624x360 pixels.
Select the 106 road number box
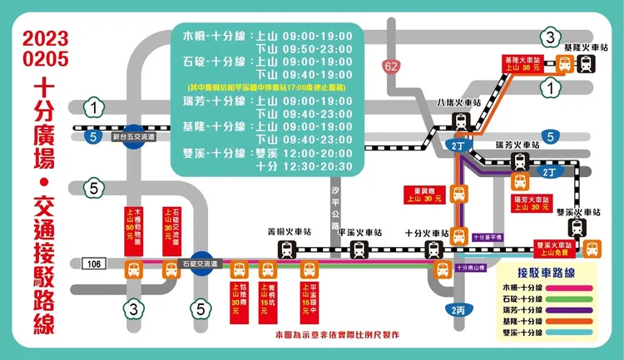(x=94, y=264)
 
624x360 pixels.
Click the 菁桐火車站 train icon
(x=287, y=250)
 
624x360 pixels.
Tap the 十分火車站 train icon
(x=433, y=250)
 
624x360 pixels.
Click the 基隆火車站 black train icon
(x=586, y=64)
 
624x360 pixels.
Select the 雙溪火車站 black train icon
(x=577, y=229)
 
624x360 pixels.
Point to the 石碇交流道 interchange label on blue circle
(x=200, y=264)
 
